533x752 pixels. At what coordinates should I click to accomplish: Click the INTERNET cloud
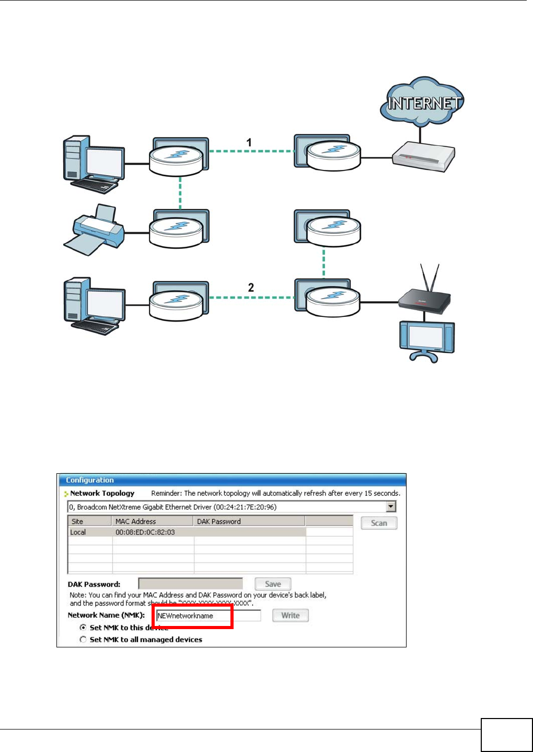click(422, 102)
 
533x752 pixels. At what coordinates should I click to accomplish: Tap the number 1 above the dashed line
click(249, 142)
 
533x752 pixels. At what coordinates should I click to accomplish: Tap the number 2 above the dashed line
click(251, 287)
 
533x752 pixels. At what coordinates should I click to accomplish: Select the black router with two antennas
click(424, 300)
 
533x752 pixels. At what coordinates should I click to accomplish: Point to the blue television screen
click(427, 339)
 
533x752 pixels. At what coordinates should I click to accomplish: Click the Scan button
click(379, 523)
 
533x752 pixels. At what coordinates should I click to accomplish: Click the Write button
click(291, 616)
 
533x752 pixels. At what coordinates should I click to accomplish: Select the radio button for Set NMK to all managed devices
click(83, 640)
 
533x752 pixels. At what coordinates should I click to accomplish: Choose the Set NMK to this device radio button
click(83, 627)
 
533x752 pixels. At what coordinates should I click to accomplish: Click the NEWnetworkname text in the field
click(186, 616)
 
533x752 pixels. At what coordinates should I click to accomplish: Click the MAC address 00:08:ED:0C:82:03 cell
click(145, 532)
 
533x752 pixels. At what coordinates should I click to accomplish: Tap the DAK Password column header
click(219, 521)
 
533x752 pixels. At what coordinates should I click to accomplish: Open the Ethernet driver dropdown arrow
click(391, 507)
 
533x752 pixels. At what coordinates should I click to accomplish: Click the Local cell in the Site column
click(78, 532)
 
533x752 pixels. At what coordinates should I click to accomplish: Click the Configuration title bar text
click(90, 480)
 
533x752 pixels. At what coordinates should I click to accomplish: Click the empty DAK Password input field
click(190, 584)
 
